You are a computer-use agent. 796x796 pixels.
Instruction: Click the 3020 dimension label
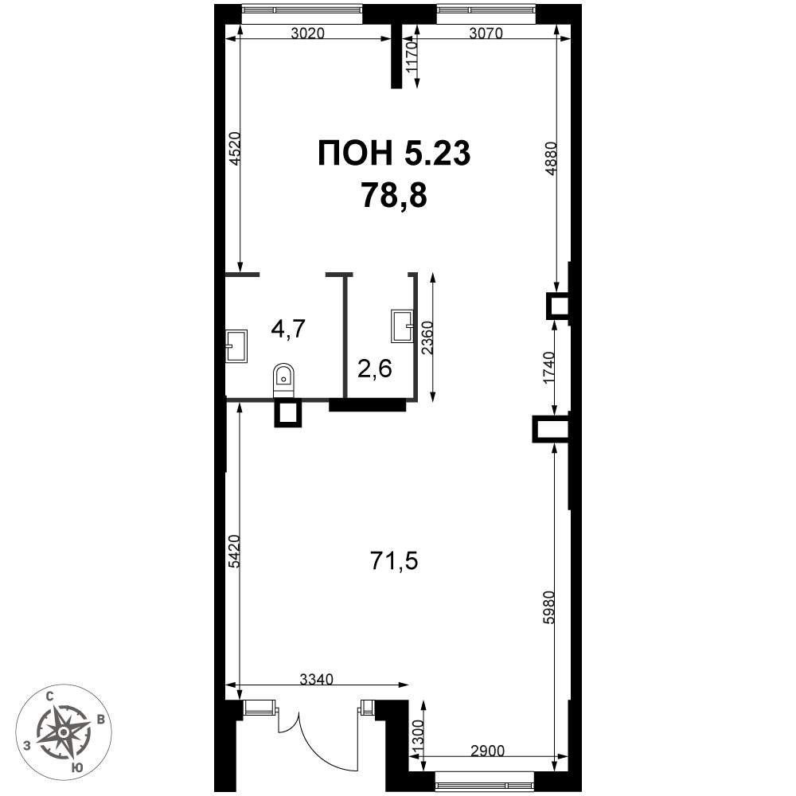point(307,33)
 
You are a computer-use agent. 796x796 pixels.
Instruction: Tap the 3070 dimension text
point(486,33)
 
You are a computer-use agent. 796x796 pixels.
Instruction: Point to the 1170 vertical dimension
point(411,57)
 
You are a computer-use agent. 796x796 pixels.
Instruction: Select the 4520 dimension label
point(234,149)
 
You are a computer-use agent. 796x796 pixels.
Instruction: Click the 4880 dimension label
point(552,158)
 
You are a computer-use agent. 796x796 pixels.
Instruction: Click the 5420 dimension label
point(234,552)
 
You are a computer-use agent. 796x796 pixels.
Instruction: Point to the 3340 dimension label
point(316,679)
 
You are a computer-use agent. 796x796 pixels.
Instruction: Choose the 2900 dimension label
point(487,751)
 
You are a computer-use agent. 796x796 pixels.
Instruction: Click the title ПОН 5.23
point(395,153)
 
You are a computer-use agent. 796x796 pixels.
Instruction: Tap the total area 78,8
point(395,196)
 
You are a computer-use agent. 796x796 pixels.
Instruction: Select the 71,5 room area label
point(395,562)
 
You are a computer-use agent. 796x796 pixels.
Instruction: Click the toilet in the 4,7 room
point(283,380)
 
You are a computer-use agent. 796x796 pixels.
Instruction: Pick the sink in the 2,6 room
point(403,326)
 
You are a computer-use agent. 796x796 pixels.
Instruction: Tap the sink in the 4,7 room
point(236,346)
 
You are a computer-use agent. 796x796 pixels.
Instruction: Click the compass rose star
point(64,732)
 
